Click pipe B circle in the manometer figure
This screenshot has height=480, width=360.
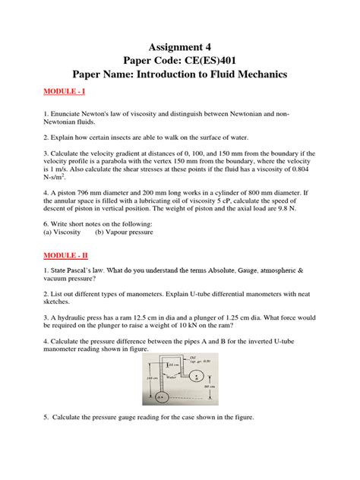pyautogui.click(x=197, y=375)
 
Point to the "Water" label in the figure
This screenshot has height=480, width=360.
pyautogui.click(x=172, y=375)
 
